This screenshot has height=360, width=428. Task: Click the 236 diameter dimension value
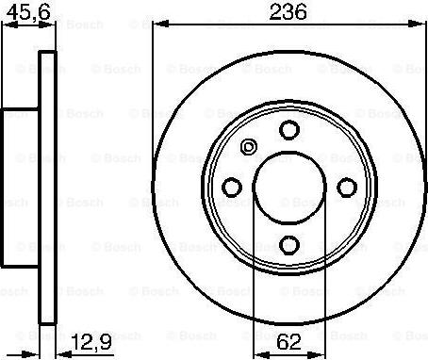(288, 12)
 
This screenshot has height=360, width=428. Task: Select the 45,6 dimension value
(28, 12)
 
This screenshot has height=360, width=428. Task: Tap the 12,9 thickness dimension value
(91, 341)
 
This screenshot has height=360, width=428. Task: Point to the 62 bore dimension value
(289, 342)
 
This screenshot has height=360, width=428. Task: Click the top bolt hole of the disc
(289, 130)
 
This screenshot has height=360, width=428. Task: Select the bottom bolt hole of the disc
(289, 245)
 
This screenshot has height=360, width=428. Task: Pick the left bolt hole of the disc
(232, 188)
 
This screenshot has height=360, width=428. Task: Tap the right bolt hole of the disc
(347, 188)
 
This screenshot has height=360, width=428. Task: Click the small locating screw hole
(249, 147)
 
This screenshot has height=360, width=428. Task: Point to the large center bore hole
(289, 188)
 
